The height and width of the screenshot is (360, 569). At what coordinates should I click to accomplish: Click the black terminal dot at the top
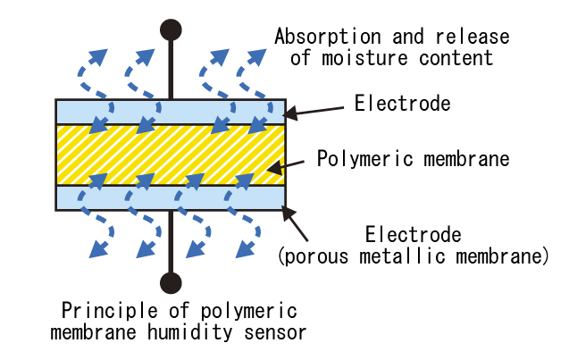(x=171, y=29)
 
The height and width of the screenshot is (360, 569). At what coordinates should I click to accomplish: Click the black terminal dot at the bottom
(x=171, y=283)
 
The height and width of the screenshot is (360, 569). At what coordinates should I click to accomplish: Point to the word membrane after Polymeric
(x=463, y=160)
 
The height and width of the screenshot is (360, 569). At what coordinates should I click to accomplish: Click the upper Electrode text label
(x=402, y=105)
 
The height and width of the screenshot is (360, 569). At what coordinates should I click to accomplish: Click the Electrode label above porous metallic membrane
(x=413, y=236)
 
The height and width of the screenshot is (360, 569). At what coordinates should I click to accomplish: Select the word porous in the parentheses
(x=314, y=257)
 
